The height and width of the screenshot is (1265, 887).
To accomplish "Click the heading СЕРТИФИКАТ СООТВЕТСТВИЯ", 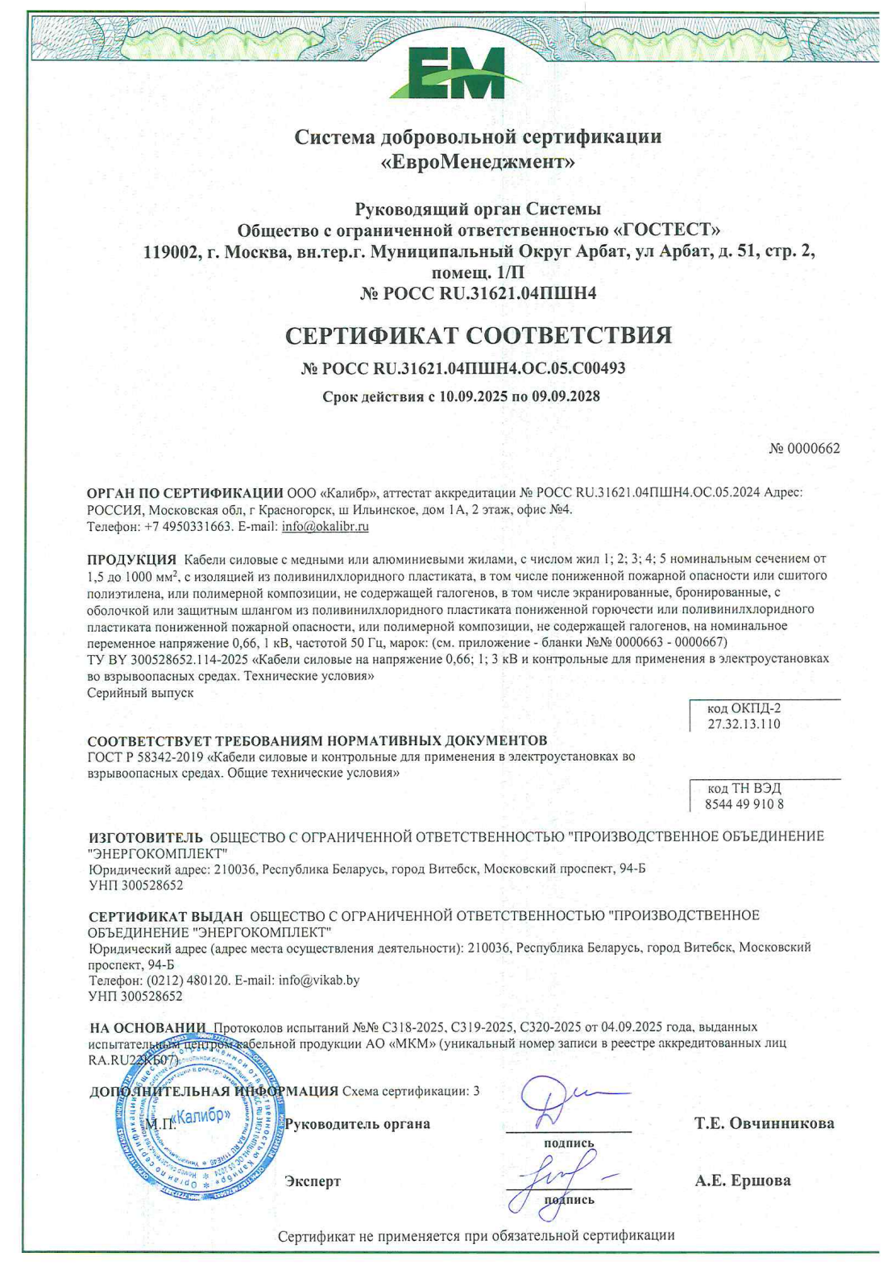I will tap(479, 335).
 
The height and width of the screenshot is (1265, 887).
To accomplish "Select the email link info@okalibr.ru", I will tap(325, 527).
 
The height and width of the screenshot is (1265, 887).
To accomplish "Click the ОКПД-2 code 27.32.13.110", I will tap(744, 724).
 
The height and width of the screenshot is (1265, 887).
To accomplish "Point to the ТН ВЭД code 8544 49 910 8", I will tap(744, 804).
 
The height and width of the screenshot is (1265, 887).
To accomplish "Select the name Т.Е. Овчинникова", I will tap(764, 1123).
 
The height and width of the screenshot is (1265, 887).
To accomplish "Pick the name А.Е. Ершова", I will tap(742, 1181).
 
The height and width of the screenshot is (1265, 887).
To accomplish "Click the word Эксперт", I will tap(313, 1181).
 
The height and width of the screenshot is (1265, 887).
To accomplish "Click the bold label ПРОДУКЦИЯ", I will tap(131, 559).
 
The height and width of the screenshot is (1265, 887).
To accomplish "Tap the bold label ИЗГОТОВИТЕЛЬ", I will tap(145, 837).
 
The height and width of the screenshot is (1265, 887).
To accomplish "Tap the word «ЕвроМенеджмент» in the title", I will tap(478, 162).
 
